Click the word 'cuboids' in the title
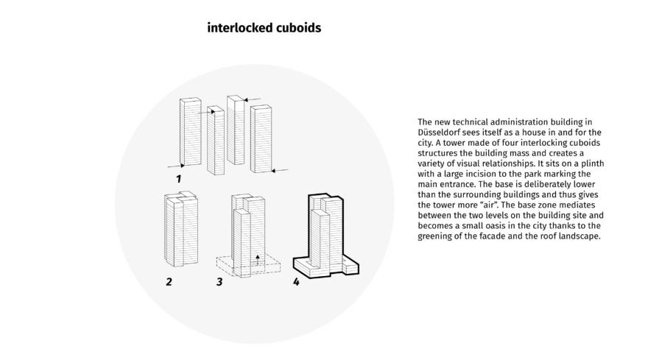click(297, 29)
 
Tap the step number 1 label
click(178, 179)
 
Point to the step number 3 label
click(219, 282)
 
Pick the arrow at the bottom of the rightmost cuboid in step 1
click(278, 171)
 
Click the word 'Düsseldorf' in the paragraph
click(440, 131)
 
